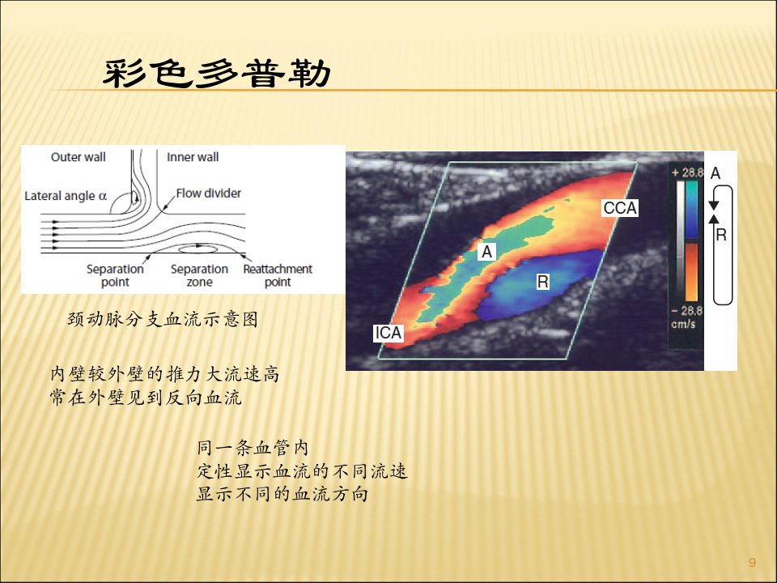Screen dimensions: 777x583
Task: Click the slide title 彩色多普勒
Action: (x=217, y=74)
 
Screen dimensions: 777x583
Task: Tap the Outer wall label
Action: (x=79, y=157)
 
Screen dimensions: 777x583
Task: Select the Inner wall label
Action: (x=193, y=157)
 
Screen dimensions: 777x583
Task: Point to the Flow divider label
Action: (x=209, y=194)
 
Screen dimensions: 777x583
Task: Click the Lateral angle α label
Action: (x=66, y=196)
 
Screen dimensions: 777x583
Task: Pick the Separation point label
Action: (x=115, y=275)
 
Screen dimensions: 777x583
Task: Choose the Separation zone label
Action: (x=199, y=275)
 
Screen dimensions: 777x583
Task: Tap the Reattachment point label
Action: (x=278, y=275)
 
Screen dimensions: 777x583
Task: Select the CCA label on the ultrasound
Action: (x=620, y=208)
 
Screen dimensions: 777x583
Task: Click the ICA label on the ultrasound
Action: (x=388, y=333)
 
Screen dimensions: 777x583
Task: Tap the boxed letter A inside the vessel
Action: (x=487, y=252)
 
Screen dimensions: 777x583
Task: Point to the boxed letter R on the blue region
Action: (x=542, y=282)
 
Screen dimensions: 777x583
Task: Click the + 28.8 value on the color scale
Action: (x=687, y=172)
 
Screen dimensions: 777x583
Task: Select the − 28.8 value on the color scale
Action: (x=687, y=311)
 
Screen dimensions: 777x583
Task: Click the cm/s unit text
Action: (x=683, y=324)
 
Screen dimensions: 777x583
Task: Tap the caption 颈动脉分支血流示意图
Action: (x=163, y=319)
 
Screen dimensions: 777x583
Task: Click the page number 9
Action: (x=752, y=562)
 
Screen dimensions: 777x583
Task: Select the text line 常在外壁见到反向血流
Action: (x=146, y=397)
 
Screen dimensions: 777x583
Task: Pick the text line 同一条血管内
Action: (x=253, y=448)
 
